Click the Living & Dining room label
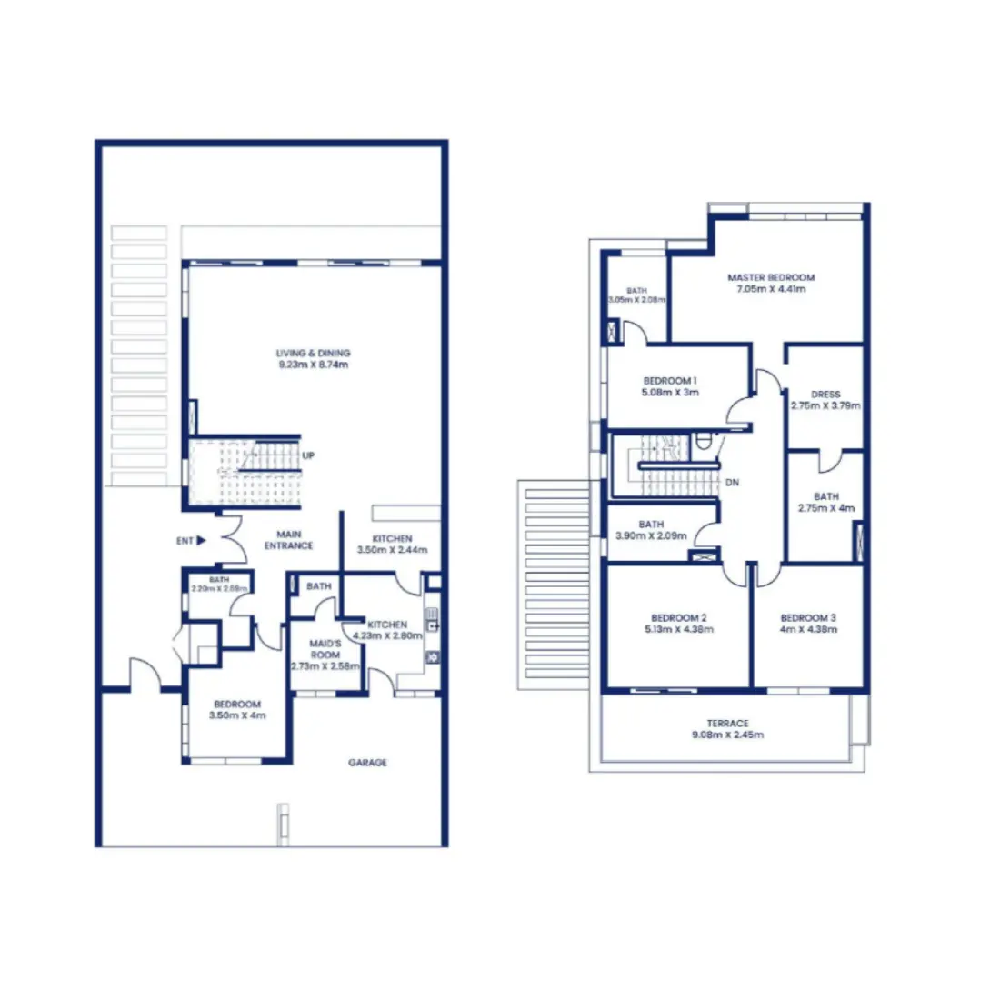(313, 353)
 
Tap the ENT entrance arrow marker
(201, 541)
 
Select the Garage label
(367, 763)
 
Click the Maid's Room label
(325, 649)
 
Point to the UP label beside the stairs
(308, 455)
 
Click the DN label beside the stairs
(732, 483)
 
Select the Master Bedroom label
(771, 277)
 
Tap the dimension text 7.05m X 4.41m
(771, 289)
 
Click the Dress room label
(825, 395)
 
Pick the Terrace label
(727, 724)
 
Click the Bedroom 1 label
(670, 381)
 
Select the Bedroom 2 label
(678, 618)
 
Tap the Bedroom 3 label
(808, 618)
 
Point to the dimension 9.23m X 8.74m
(313, 365)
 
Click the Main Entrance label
(288, 540)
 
